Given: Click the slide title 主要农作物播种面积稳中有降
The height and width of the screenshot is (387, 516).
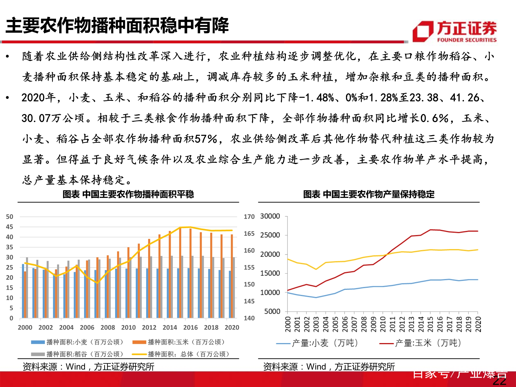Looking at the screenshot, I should pyautogui.click(x=117, y=26).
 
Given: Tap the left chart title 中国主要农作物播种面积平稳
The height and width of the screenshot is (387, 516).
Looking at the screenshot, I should pyautogui.click(x=128, y=194).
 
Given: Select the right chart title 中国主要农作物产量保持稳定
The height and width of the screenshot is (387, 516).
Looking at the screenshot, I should pyautogui.click(x=369, y=194).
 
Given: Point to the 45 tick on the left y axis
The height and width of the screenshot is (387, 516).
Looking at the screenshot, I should pyautogui.click(x=10, y=227).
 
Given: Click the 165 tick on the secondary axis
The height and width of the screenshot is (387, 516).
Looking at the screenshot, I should pyautogui.click(x=249, y=234).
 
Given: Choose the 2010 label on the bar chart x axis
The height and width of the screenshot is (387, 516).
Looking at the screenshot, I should pyautogui.click(x=128, y=328).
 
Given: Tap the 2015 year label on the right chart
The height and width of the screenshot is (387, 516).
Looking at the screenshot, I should pyautogui.click(x=430, y=324).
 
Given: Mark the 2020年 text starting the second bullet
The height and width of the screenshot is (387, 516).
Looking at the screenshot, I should pyautogui.click(x=38, y=98).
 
